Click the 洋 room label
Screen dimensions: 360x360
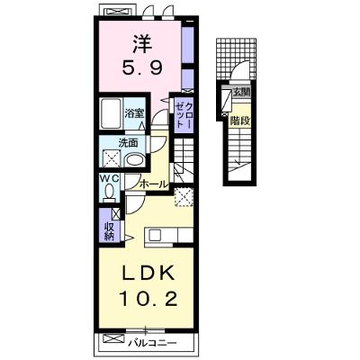[142, 44]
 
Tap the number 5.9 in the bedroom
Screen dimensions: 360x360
[142, 67]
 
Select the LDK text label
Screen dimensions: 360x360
[148, 274]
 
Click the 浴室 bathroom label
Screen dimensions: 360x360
[134, 113]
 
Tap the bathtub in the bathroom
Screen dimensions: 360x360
[111, 113]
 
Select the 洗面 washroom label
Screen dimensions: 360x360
[129, 143]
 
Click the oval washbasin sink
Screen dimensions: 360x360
[135, 160]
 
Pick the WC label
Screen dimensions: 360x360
[110, 179]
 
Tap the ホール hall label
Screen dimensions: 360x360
[154, 184]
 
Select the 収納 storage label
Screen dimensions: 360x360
[110, 231]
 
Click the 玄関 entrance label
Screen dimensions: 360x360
[241, 93]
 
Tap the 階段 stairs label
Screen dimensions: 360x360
[240, 121]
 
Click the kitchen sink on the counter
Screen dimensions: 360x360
[156, 234]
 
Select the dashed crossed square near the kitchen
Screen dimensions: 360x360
[184, 197]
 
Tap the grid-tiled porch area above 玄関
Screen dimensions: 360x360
[237, 59]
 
